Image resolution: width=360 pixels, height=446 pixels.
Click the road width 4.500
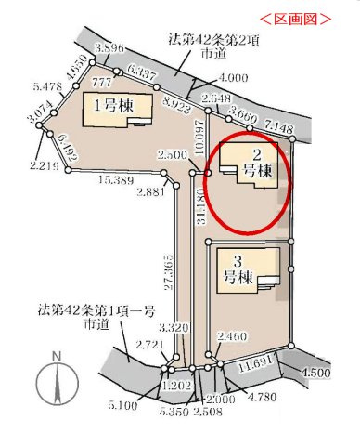pos(317,373)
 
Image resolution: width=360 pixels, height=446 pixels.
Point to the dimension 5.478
pos(20,87)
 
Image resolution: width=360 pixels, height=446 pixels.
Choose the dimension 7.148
pos(278,125)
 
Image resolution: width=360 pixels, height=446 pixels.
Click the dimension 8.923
pos(174,105)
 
